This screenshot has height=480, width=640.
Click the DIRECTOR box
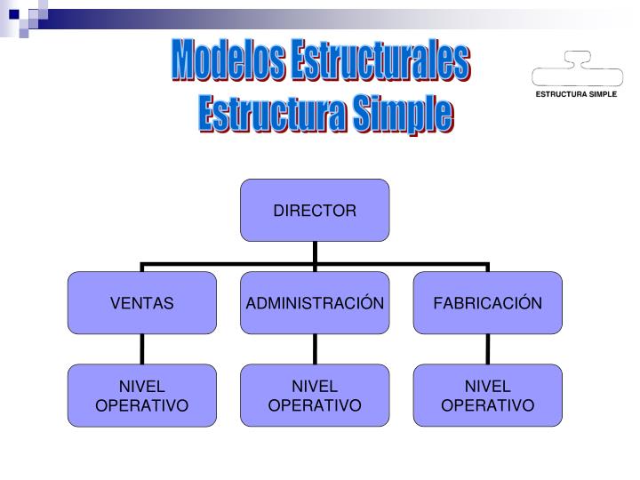315,211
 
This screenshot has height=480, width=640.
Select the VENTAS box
142,303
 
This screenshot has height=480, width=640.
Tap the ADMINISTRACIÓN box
315,303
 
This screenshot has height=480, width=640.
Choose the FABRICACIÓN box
487,303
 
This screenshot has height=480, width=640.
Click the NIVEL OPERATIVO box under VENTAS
142,396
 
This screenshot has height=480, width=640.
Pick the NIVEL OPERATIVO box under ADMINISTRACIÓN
315,396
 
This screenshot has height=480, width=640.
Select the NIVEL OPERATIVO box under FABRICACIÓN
487,396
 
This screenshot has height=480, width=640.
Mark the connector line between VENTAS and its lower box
142,348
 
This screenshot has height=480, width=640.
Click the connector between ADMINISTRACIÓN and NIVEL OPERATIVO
315,348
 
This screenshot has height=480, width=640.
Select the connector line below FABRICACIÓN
487,348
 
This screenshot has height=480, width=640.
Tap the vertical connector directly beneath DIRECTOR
315,252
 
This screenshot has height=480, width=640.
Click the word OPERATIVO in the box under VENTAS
142,405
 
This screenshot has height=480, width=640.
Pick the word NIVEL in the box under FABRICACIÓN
487,387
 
